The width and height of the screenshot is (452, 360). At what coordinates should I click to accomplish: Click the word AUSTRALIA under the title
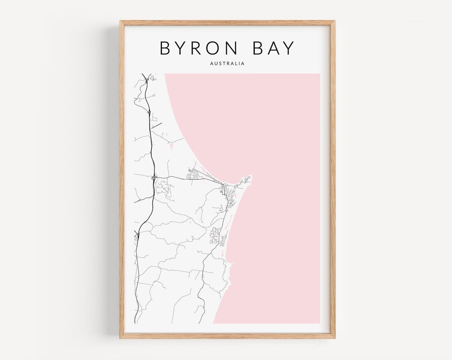(228, 64)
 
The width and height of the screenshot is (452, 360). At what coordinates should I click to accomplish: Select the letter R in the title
(188, 48)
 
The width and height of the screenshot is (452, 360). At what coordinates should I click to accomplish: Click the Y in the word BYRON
(176, 48)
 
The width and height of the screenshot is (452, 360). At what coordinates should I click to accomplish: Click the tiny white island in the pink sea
(241, 146)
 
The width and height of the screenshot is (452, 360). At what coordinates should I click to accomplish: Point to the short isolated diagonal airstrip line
(157, 125)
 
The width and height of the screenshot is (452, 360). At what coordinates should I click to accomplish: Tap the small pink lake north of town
(171, 146)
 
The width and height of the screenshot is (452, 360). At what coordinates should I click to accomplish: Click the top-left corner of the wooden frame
(120, 21)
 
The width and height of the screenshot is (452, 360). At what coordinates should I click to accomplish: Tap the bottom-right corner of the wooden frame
(334, 337)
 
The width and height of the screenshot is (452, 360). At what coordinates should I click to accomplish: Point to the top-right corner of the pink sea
(319, 75)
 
